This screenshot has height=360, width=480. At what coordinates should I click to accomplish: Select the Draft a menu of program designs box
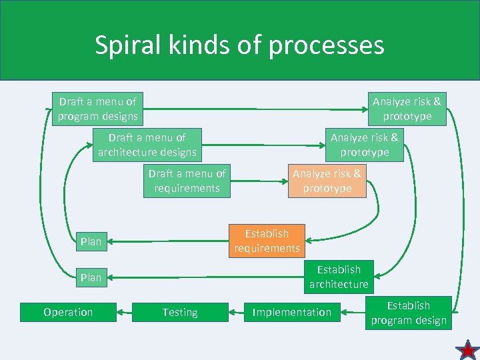pyautogui.click(x=97, y=109)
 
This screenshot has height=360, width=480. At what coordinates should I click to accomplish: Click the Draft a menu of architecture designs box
pyautogui.click(x=147, y=145)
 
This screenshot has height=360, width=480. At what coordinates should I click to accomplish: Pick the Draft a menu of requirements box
pyautogui.click(x=187, y=181)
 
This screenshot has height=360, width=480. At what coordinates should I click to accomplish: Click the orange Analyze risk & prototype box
pyautogui.click(x=327, y=181)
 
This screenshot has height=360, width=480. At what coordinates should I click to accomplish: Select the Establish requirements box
pyautogui.click(x=267, y=241)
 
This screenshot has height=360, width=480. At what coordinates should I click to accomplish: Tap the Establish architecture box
pyautogui.click(x=339, y=277)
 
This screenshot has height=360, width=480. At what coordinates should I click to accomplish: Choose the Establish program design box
pyautogui.click(x=409, y=313)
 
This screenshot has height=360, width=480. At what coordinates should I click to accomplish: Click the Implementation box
pyautogui.click(x=291, y=312)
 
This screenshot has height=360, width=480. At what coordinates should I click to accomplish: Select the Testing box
pyautogui.click(x=180, y=312)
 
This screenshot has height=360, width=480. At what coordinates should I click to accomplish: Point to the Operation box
pyautogui.click(x=68, y=312)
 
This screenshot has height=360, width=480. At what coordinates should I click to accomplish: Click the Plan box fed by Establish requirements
pyautogui.click(x=91, y=241)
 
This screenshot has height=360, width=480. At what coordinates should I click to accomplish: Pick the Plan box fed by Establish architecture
pyautogui.click(x=91, y=277)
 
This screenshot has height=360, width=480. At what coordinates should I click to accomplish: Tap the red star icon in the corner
pyautogui.click(x=467, y=348)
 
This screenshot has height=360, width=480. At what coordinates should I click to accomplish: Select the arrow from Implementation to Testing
pyautogui.click(x=237, y=312)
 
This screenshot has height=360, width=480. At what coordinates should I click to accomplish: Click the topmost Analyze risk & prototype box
pyautogui.click(x=407, y=109)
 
